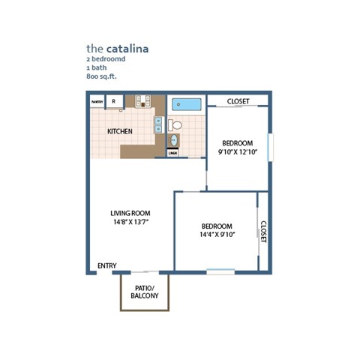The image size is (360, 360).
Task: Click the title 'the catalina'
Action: (117, 48)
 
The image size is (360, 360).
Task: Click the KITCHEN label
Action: (120, 132)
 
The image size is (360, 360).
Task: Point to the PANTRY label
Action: (97, 101)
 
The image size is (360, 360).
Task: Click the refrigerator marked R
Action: (114, 101)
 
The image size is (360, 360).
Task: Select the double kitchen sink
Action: (159, 124)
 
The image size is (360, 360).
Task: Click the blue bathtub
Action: (186, 104)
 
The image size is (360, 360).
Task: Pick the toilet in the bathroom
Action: (174, 124)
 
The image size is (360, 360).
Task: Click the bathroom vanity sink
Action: (173, 140)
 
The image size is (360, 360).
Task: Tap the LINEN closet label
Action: (172, 153)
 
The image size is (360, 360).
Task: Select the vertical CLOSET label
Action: (263, 230)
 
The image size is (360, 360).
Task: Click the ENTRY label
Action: (107, 265)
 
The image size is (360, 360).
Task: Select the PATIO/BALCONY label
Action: (145, 292)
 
